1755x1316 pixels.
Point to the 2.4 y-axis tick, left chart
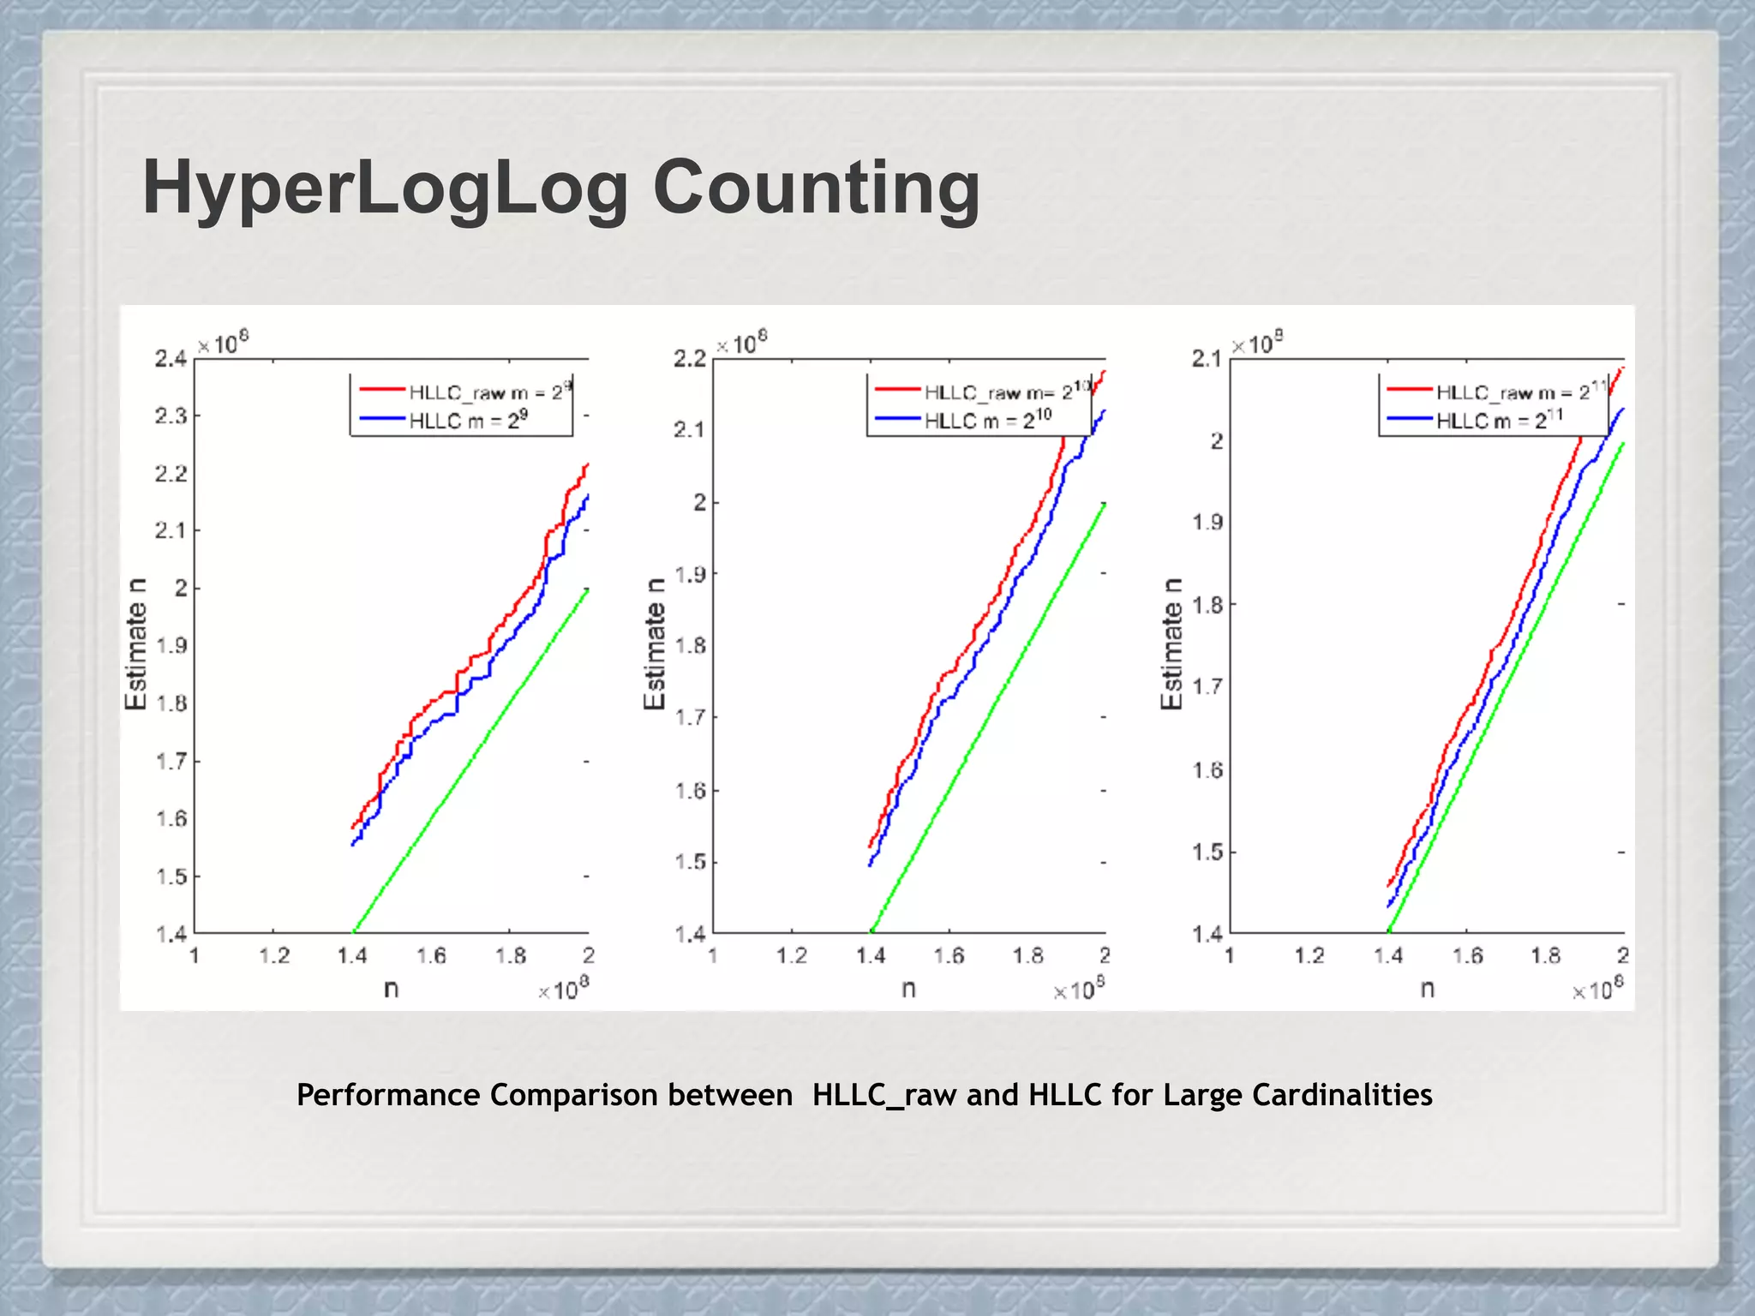coord(171,358)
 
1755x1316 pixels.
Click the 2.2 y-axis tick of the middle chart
coord(689,357)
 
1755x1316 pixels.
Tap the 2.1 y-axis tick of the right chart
coord(1206,357)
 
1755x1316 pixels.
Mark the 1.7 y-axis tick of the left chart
coord(171,761)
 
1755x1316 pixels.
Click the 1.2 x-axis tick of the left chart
coord(274,956)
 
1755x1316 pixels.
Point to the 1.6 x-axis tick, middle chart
coord(949,956)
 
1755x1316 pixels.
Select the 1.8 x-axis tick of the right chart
coord(1546,956)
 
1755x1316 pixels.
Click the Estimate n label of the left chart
coord(136,644)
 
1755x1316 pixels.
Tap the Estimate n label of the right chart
coord(1171,644)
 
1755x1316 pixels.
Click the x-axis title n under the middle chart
coord(908,989)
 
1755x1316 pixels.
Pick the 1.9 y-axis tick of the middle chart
coord(690,573)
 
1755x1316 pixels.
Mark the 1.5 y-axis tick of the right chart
coord(1207,852)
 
